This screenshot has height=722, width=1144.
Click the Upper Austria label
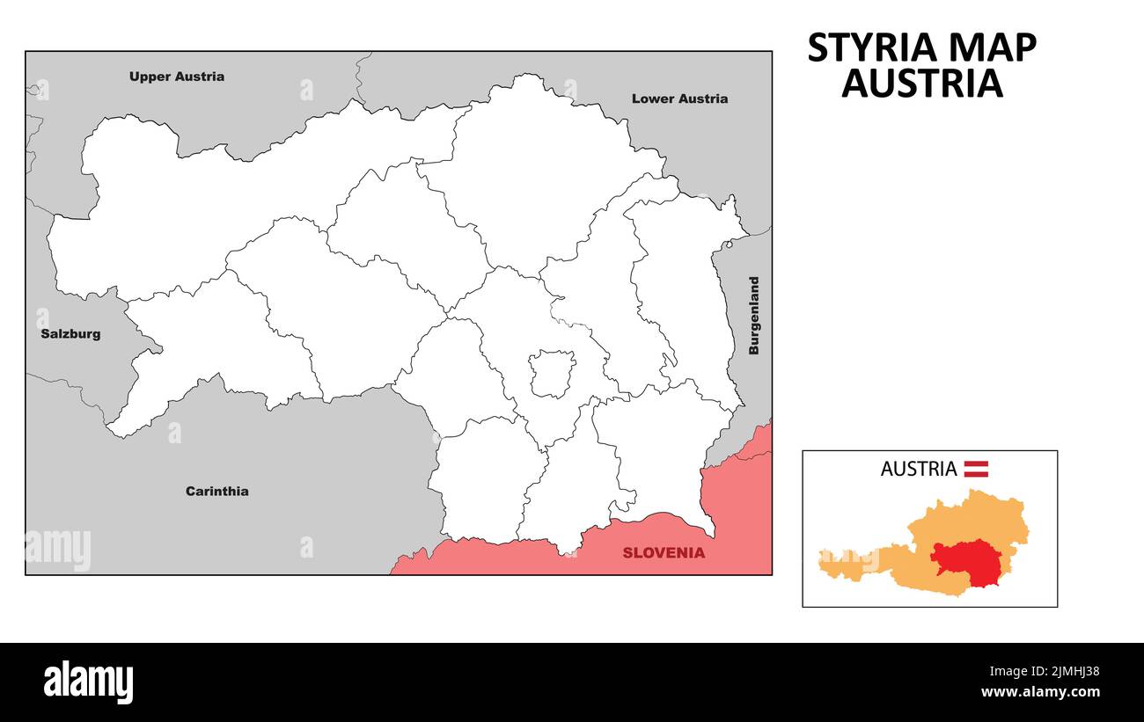pyautogui.click(x=176, y=77)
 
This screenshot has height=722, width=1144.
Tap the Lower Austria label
pyautogui.click(x=679, y=98)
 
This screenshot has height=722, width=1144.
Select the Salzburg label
pyautogui.click(x=70, y=334)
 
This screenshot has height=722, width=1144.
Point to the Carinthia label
pyautogui.click(x=216, y=492)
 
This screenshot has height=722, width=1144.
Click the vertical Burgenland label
pyautogui.click(x=753, y=316)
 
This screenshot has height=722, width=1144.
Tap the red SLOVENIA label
pyautogui.click(x=664, y=553)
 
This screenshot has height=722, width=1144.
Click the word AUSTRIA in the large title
pyautogui.click(x=921, y=84)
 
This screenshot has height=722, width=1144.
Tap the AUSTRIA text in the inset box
pyautogui.click(x=918, y=469)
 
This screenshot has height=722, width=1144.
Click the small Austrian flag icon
pyautogui.click(x=976, y=469)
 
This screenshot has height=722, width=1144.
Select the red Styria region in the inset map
pyautogui.click(x=965, y=560)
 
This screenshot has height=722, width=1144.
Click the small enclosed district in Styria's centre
pyautogui.click(x=552, y=373)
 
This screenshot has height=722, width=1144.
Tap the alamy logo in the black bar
pyautogui.click(x=89, y=682)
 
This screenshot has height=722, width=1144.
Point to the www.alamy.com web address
pyautogui.click(x=1039, y=693)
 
